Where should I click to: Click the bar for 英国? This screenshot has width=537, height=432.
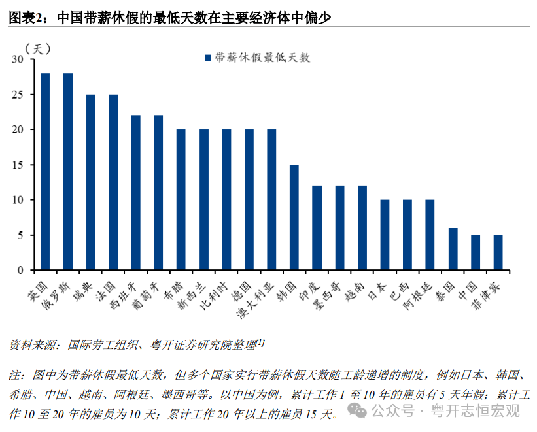[45, 172]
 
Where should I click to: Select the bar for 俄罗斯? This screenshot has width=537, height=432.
[68, 172]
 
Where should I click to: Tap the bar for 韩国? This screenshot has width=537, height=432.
[294, 217]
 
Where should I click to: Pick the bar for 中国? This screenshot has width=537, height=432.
[476, 252]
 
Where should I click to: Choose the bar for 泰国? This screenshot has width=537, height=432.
[453, 249]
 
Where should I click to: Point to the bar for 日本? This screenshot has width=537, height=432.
[385, 235]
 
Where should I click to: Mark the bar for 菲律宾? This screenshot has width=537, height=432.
[498, 252]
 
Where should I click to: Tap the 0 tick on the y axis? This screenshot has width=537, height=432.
[20, 270]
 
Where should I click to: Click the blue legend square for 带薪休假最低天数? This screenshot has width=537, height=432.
[208, 58]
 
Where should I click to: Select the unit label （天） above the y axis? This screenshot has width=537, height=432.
[37, 48]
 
